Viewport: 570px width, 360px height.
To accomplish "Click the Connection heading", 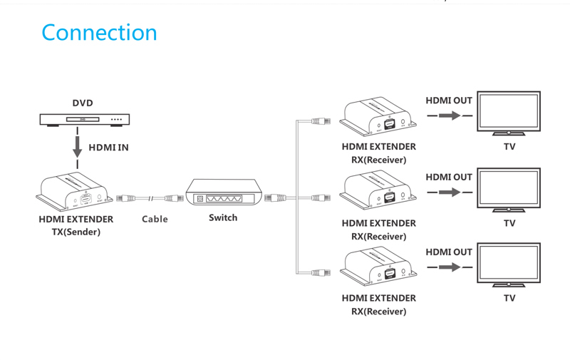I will [99, 33].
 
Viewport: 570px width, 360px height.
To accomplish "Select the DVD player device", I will [85, 119].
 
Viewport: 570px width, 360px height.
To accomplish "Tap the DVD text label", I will [83, 103].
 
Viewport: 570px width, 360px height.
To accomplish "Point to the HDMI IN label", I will [108, 148].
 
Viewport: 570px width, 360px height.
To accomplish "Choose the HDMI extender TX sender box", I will [74, 190].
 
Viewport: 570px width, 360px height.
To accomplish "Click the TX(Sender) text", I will [76, 232].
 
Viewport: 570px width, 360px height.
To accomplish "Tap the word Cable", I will [155, 219].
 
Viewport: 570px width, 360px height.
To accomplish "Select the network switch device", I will [223, 193].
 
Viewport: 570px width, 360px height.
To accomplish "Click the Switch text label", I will [223, 217].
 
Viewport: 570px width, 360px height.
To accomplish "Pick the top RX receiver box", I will [377, 117].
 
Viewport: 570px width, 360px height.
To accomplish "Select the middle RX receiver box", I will [377, 191].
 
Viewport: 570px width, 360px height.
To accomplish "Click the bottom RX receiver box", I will [377, 265].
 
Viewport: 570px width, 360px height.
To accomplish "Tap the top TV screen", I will [509, 111].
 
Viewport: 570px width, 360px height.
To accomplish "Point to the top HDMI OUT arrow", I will [450, 115].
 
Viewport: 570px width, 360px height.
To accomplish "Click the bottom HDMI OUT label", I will [449, 252].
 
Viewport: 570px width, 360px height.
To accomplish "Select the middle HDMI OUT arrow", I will [450, 192].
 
